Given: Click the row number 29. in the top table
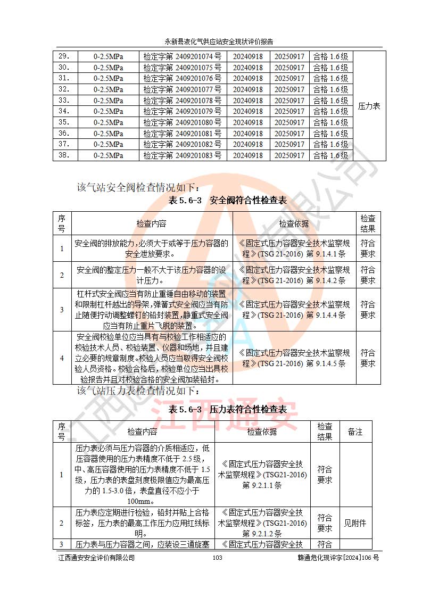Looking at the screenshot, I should (x=64, y=56).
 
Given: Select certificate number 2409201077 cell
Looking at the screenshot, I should (x=182, y=89).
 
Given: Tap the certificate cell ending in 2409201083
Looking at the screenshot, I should (x=182, y=155).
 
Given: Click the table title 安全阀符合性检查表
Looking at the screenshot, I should (x=227, y=201).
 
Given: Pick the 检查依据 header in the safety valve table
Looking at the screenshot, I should (x=294, y=224).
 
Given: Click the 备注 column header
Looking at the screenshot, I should (x=355, y=432).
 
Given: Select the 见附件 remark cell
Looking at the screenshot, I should (x=355, y=523).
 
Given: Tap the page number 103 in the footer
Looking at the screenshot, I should (x=217, y=558).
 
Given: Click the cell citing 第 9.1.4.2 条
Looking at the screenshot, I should (x=294, y=275).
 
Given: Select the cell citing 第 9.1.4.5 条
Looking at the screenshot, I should (x=294, y=358).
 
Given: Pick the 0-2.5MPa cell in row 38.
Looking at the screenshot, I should (x=108, y=155).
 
